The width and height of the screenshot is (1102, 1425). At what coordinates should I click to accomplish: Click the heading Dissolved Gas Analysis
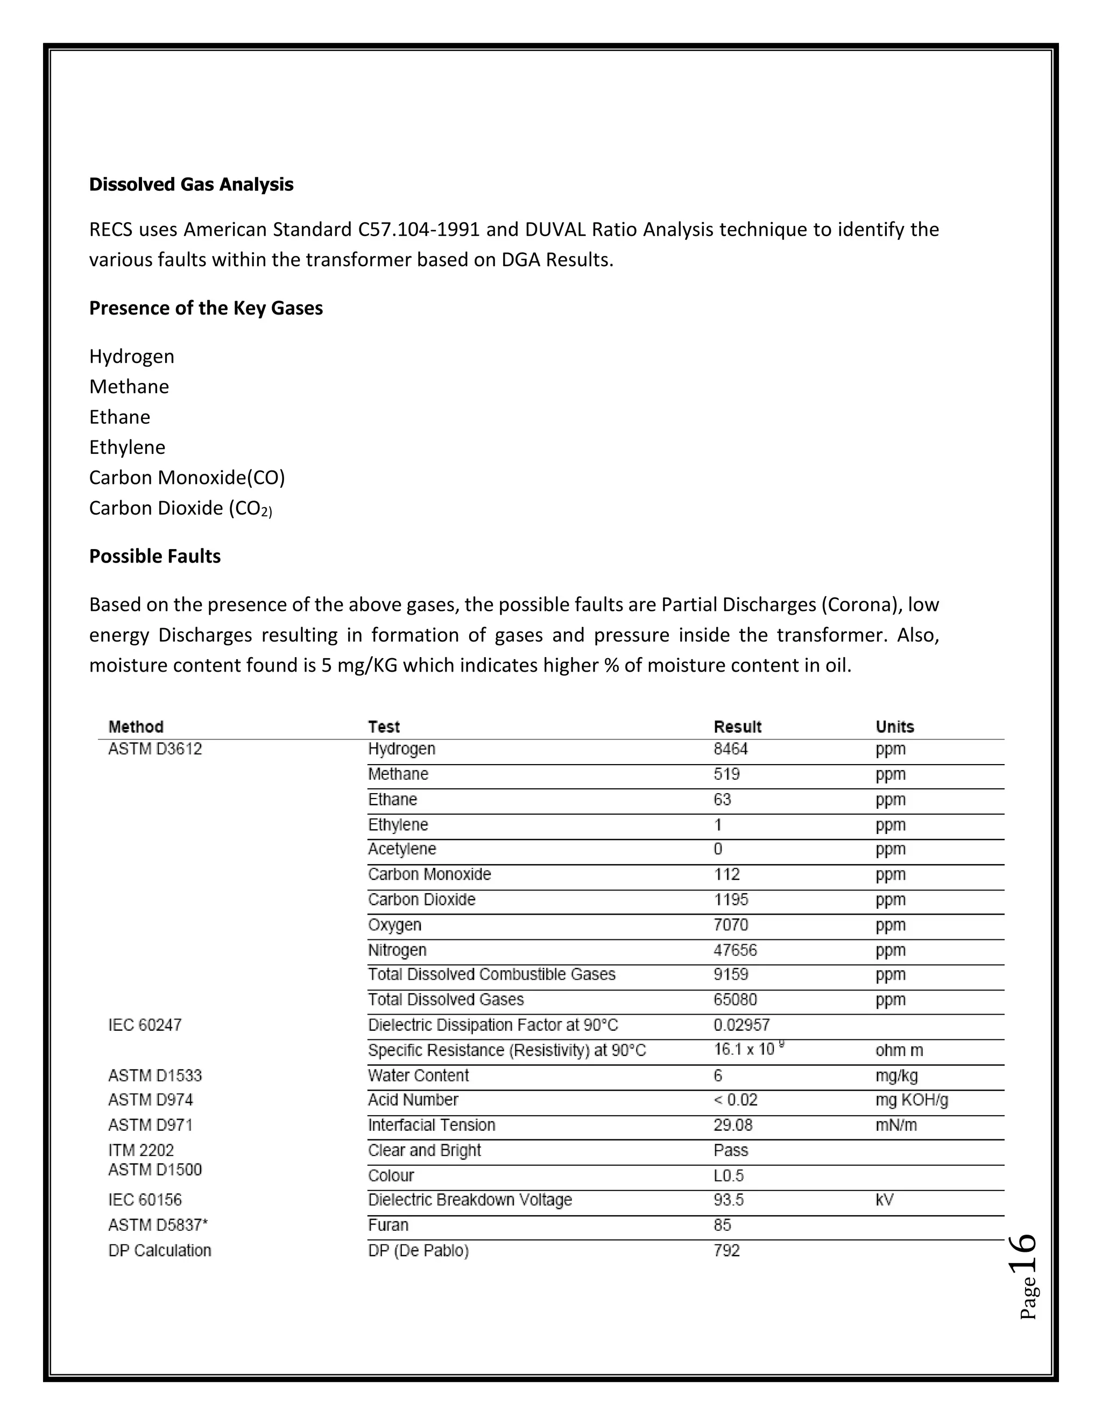[x=190, y=184]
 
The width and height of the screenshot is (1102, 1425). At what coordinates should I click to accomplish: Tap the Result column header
[x=737, y=727]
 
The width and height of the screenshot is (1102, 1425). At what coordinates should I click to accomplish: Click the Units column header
[x=894, y=727]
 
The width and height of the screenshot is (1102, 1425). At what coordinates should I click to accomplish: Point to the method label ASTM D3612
[x=155, y=749]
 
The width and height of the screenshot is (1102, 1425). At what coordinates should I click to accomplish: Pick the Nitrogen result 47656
[x=734, y=950]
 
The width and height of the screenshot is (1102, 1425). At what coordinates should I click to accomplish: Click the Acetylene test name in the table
[x=401, y=849]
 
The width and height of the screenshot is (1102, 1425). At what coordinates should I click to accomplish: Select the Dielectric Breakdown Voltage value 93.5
[x=728, y=1200]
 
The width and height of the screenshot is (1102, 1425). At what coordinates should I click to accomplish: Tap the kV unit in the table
[x=884, y=1200]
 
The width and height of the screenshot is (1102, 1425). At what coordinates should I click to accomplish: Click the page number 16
[x=1022, y=1253]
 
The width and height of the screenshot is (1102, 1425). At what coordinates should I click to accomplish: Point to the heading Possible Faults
[x=155, y=557]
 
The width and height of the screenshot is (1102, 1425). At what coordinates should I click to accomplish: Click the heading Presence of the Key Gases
[x=206, y=308]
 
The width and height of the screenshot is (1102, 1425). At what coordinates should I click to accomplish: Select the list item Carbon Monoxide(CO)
[x=187, y=478]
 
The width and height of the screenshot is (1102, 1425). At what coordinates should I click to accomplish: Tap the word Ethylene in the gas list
[x=128, y=447]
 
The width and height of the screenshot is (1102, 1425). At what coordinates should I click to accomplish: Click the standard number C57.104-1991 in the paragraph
[x=419, y=230]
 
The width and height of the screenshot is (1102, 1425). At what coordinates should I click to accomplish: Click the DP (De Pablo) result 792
[x=726, y=1251]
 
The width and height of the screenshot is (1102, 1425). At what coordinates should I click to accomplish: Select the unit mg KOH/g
[x=912, y=1100]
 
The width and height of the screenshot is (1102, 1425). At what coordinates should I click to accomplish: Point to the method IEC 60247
[x=144, y=1025]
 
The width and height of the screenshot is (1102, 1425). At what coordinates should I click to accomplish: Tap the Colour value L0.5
[x=728, y=1175]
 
